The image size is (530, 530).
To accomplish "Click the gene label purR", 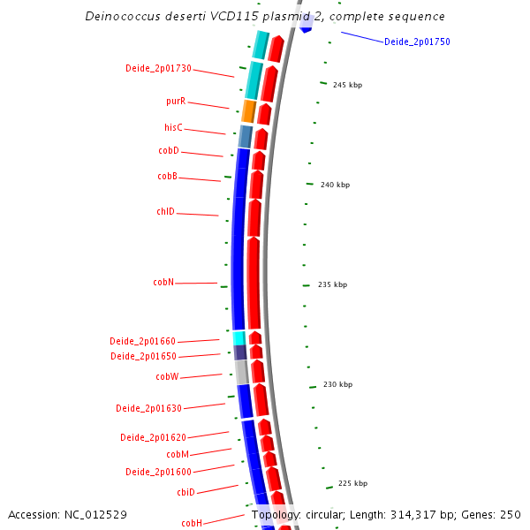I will (176, 102).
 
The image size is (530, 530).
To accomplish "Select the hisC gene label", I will (173, 128).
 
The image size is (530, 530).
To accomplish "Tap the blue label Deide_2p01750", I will (417, 42).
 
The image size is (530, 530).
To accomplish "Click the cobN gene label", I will (163, 283).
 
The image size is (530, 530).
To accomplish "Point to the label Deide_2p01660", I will (143, 341).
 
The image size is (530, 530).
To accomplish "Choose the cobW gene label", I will (168, 376).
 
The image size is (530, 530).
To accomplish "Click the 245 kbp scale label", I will (347, 85).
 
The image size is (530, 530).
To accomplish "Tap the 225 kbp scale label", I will (352, 483).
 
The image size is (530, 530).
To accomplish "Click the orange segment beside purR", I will (249, 111).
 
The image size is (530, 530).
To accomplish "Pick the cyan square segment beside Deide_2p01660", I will (238, 338).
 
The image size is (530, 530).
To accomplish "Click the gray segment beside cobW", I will (241, 372).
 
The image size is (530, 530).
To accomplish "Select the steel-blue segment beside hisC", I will (246, 136).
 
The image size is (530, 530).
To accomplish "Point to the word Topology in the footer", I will (276, 514).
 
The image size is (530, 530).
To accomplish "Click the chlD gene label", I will (165, 212).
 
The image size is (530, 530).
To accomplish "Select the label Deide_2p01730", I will (158, 69).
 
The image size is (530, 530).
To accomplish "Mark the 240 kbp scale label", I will (335, 185).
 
